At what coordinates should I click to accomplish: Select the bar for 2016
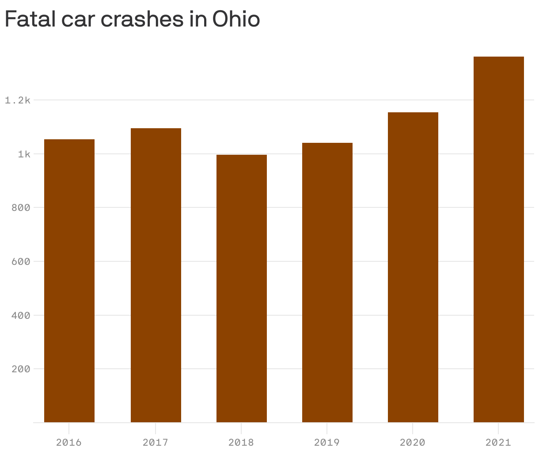coord(69,281)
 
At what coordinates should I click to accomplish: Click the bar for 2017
coord(156,275)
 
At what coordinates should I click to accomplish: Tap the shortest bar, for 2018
coord(242,288)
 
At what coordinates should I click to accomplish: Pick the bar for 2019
coord(327,283)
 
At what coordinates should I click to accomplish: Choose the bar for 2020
coord(413,267)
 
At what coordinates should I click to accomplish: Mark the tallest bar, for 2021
coord(499,239)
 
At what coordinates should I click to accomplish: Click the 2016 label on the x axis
coord(69,442)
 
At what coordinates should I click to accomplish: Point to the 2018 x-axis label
coord(242,442)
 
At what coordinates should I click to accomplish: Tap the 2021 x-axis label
coord(498,442)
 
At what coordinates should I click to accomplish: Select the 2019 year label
coord(327,442)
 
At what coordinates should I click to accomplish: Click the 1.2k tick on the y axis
coord(18,100)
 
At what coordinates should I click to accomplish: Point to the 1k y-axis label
coord(24,154)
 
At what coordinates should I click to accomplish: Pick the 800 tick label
coord(21,208)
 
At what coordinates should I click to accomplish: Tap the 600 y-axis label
coord(21,261)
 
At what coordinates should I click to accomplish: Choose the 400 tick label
coord(21,315)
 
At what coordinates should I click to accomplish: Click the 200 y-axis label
coord(21,369)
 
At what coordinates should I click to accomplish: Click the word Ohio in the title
coord(235,19)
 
